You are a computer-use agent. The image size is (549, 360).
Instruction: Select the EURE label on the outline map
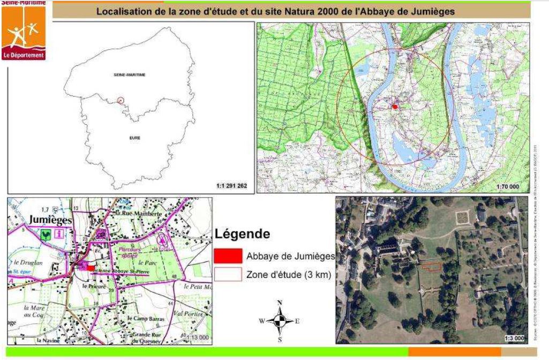point(135,138)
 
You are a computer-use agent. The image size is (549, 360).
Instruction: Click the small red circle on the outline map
point(121,100)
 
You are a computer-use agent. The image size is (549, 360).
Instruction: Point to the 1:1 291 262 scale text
point(231,186)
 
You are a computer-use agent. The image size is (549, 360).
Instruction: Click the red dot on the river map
point(395,107)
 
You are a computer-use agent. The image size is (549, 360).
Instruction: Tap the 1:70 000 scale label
point(509,186)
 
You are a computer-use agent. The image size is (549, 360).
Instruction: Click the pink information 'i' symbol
point(57,234)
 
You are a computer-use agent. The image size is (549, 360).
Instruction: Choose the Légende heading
point(242,234)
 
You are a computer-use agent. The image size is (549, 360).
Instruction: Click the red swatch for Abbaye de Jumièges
point(228,256)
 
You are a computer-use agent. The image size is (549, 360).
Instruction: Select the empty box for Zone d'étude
point(228,275)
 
